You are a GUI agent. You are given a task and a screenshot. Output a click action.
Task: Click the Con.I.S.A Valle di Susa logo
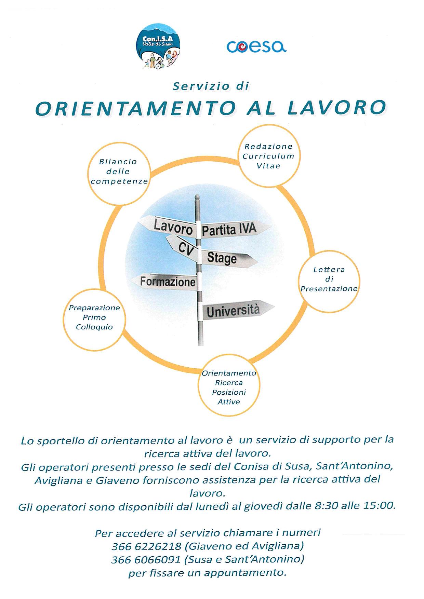pos(159,46)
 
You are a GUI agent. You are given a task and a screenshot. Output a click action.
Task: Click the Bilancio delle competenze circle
pos(119,176)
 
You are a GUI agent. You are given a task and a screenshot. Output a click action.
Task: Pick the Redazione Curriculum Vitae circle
pos(268,156)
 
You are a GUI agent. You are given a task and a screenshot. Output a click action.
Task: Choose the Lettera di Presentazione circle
pos(329,280)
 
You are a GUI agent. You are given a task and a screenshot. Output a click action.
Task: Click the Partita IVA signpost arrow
pos(230,229)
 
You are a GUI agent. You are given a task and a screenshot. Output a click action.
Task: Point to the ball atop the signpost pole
pos(197,197)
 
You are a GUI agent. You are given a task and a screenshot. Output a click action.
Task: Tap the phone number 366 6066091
pos(146,559)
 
